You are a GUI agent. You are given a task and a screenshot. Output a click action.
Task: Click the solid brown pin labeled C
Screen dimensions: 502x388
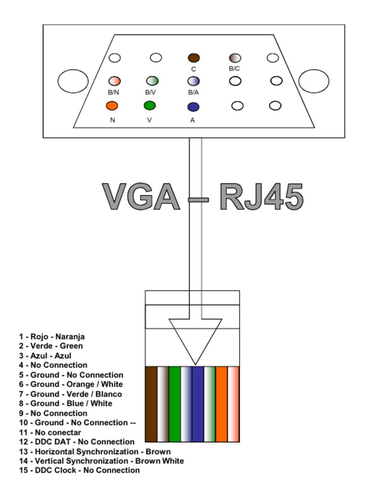point(193,58)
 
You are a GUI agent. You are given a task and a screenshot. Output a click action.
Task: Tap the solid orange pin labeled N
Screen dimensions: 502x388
point(112,106)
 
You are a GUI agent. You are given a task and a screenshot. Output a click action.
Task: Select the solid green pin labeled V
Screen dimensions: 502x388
point(150,106)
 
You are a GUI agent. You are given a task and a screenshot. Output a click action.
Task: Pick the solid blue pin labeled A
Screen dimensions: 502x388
point(193,107)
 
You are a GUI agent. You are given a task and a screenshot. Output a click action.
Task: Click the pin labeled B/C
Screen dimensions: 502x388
point(235,58)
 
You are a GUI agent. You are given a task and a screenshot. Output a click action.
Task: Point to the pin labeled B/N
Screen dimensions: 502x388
point(115,81)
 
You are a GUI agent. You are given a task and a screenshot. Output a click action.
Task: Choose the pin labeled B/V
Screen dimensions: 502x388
point(153,81)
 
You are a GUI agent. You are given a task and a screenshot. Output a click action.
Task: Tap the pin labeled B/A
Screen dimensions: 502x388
point(193,81)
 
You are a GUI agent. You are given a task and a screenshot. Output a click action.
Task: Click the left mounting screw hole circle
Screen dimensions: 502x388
point(73,81)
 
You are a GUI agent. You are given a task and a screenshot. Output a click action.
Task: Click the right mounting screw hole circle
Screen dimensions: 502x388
point(314,81)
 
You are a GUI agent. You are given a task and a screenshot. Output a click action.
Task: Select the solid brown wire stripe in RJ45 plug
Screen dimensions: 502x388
point(151,404)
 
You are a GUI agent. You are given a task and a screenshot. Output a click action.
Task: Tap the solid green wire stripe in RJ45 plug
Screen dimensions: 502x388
point(175,404)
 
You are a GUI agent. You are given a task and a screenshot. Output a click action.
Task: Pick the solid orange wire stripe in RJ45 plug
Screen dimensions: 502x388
point(221,404)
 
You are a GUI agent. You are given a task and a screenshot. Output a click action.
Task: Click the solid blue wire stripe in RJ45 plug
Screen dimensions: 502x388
point(198,404)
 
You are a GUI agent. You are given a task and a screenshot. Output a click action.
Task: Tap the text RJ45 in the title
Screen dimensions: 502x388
point(262,197)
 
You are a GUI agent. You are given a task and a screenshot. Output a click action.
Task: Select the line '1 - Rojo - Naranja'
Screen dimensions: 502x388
point(52,336)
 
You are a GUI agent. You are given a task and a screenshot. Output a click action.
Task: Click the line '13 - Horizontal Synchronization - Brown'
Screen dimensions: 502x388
point(95,451)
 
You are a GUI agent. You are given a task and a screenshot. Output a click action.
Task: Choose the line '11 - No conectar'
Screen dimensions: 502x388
point(50,432)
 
